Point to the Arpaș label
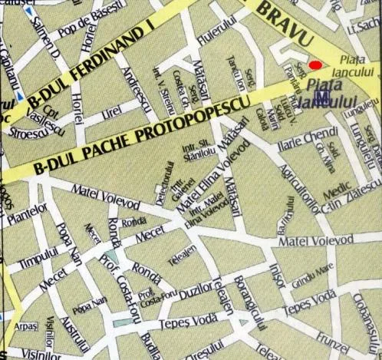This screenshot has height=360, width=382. point(25,326)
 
